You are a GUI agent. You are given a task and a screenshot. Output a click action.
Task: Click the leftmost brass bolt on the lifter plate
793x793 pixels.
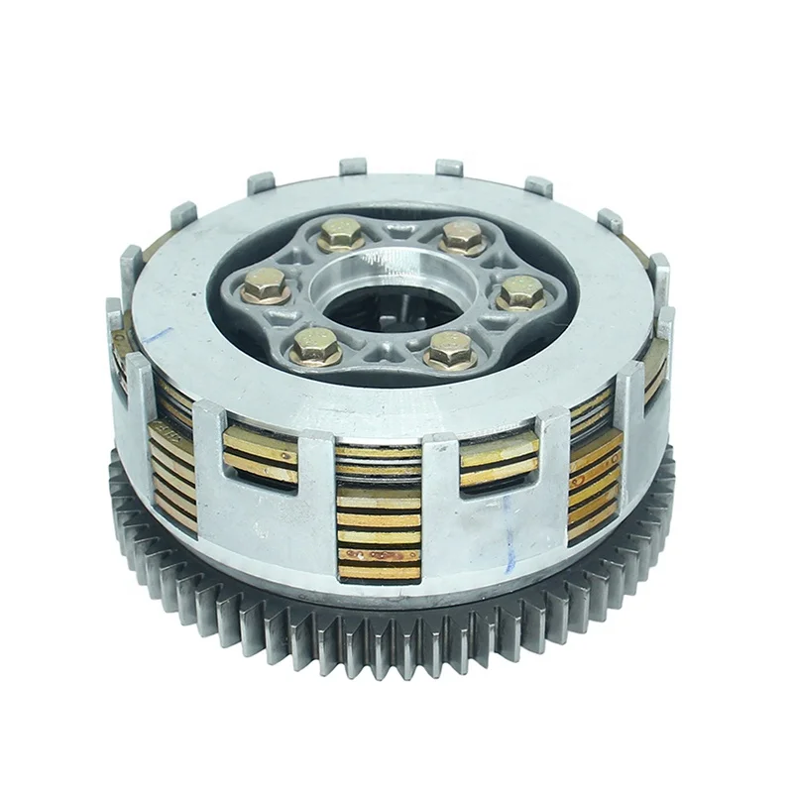pyautogui.click(x=266, y=286)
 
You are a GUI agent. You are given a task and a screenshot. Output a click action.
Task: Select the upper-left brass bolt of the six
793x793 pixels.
pyautogui.click(x=339, y=234)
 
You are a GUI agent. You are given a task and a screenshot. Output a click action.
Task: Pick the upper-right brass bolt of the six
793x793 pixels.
pyautogui.click(x=462, y=237)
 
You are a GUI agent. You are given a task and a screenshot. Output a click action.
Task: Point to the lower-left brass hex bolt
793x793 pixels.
pyautogui.click(x=316, y=348)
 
